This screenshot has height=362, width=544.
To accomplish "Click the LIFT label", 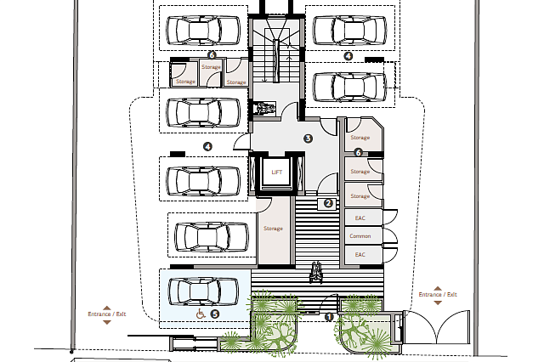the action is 276,173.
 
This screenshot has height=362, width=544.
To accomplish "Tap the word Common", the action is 360,236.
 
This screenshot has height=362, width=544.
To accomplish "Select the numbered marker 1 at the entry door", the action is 329,317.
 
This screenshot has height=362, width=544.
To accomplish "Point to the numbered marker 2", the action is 328,204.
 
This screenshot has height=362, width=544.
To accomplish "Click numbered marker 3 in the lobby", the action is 308,139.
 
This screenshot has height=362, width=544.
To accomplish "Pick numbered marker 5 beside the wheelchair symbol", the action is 215,314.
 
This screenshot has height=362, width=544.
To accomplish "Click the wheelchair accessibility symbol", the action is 201,314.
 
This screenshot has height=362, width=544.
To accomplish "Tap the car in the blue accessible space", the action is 203,291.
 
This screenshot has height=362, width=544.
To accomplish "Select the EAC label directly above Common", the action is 360,218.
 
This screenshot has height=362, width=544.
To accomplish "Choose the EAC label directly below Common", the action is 360,255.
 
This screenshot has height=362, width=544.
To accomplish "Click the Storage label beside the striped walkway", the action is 273,229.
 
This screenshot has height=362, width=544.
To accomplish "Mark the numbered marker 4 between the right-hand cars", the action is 348,56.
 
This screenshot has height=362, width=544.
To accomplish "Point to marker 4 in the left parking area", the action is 207,147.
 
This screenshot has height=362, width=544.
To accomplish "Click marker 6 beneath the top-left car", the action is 212,54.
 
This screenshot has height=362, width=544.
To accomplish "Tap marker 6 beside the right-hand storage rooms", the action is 359,152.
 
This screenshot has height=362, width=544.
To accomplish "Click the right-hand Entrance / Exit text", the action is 438,294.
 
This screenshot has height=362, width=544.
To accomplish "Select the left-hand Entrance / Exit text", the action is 107,314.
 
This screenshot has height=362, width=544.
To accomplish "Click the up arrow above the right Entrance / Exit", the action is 438,288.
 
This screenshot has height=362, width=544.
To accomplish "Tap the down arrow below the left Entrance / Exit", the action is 107,322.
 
